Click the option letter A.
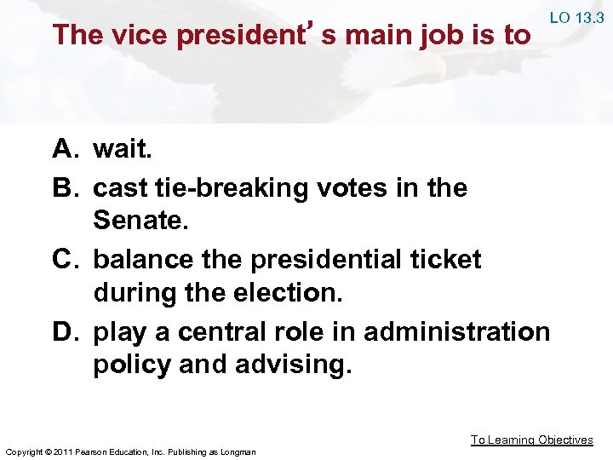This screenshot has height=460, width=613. point(65,150)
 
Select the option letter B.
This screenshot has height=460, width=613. point(65,187)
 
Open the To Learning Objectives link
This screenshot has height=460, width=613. point(532,440)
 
